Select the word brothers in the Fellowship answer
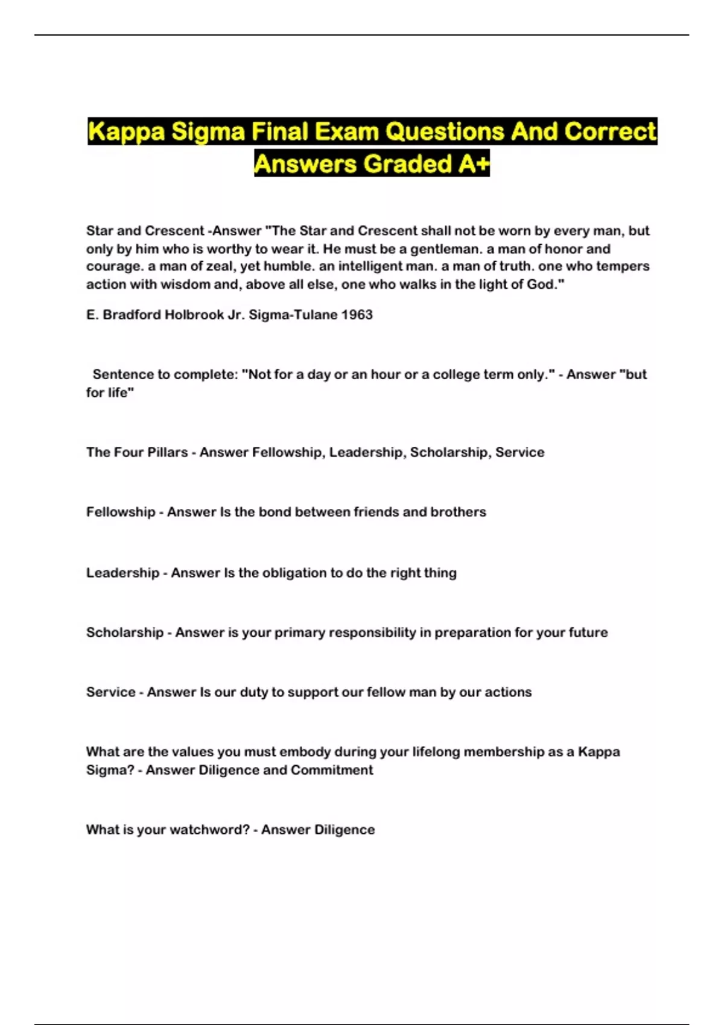pos(458,512)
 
